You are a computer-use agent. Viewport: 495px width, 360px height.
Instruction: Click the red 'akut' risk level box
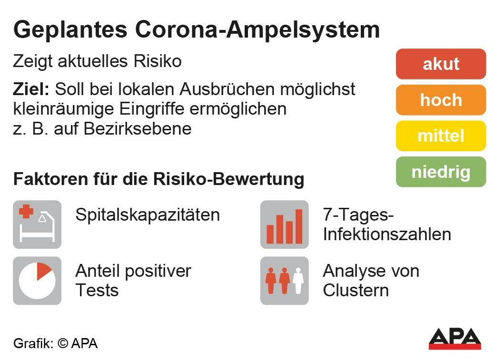click(x=441, y=64)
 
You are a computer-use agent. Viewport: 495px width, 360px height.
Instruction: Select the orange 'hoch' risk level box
click(x=441, y=100)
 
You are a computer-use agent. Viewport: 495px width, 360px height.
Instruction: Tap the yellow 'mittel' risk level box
click(x=441, y=136)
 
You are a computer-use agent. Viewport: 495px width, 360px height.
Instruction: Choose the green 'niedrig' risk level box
click(x=441, y=172)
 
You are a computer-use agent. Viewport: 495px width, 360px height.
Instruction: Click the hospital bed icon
click(x=37, y=224)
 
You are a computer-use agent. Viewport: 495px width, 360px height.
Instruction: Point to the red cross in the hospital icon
click(x=26, y=212)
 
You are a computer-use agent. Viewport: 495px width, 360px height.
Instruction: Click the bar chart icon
click(x=285, y=224)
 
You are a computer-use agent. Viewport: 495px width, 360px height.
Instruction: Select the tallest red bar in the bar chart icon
click(x=298, y=226)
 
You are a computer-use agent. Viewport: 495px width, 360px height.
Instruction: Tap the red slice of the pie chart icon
click(x=43, y=271)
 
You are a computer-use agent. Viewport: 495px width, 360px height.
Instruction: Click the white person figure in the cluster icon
click(x=298, y=281)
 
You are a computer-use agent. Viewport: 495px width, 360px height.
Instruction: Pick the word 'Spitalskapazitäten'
click(x=148, y=215)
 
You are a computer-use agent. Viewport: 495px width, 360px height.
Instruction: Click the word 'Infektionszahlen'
click(x=387, y=234)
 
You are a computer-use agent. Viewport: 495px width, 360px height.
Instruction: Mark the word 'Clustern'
click(x=356, y=290)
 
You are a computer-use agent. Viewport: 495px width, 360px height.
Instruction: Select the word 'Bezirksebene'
click(x=138, y=129)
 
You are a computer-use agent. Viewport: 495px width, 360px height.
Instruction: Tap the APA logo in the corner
click(x=455, y=339)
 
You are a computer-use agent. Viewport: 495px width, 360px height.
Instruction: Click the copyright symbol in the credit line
click(x=63, y=343)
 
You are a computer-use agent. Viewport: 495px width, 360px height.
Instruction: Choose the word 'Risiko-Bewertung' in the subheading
click(x=229, y=179)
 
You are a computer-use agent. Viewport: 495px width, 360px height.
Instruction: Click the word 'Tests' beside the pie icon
click(x=97, y=290)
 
